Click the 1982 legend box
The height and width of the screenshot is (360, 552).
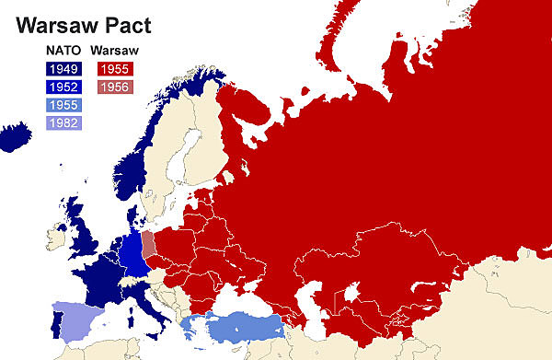[x=63, y=122]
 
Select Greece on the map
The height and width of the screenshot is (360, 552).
[x=194, y=327]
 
